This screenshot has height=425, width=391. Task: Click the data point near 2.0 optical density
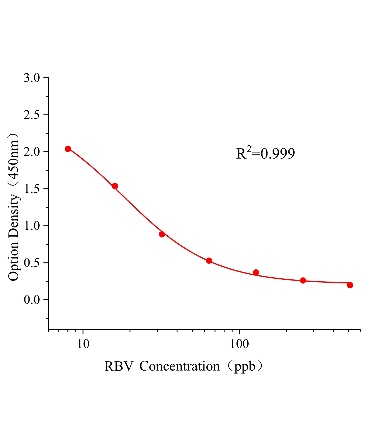click(68, 149)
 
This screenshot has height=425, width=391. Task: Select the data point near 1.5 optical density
click(115, 186)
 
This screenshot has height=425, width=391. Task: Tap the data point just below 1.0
click(162, 234)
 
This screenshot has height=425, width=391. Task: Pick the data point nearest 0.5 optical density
click(209, 261)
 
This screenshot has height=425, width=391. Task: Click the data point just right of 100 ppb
click(256, 272)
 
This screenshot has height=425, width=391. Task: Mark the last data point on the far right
click(350, 285)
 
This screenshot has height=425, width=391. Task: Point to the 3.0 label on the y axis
click(32, 78)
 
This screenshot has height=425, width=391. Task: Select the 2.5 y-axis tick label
click(32, 115)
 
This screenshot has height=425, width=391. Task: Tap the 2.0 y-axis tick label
click(32, 152)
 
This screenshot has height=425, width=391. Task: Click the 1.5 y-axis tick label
click(32, 189)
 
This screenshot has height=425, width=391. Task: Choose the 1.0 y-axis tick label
click(32, 226)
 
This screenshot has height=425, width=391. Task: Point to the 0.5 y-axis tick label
click(32, 263)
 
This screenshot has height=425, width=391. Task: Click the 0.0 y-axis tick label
click(32, 300)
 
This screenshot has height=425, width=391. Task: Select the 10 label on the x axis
click(83, 344)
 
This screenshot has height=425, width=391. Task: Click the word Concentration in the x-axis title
click(180, 366)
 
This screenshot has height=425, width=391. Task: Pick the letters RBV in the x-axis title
click(118, 366)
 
